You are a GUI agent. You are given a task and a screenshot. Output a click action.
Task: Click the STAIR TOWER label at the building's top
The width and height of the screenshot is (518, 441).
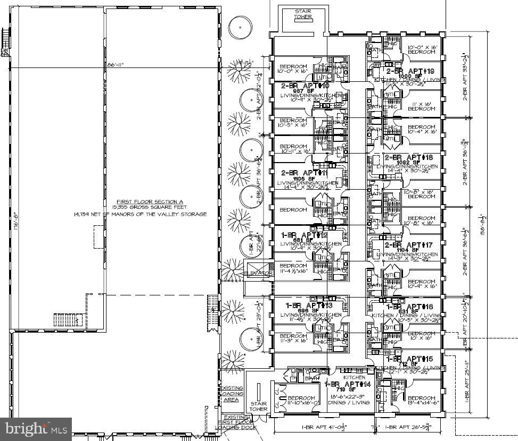pyautogui.click(x=303, y=13)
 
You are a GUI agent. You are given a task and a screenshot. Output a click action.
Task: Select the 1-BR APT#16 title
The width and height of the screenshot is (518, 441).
pyautogui.click(x=409, y=307)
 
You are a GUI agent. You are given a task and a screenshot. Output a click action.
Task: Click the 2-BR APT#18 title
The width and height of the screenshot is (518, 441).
pyautogui.click(x=409, y=158)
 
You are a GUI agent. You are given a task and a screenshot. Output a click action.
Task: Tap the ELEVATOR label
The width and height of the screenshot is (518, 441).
pyautogui.click(x=258, y=273)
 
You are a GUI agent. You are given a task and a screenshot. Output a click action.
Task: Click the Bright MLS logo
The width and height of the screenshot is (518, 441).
pyautogui.click(x=36, y=428)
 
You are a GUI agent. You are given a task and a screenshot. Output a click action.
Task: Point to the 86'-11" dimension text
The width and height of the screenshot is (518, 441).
pyautogui.click(x=115, y=65)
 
